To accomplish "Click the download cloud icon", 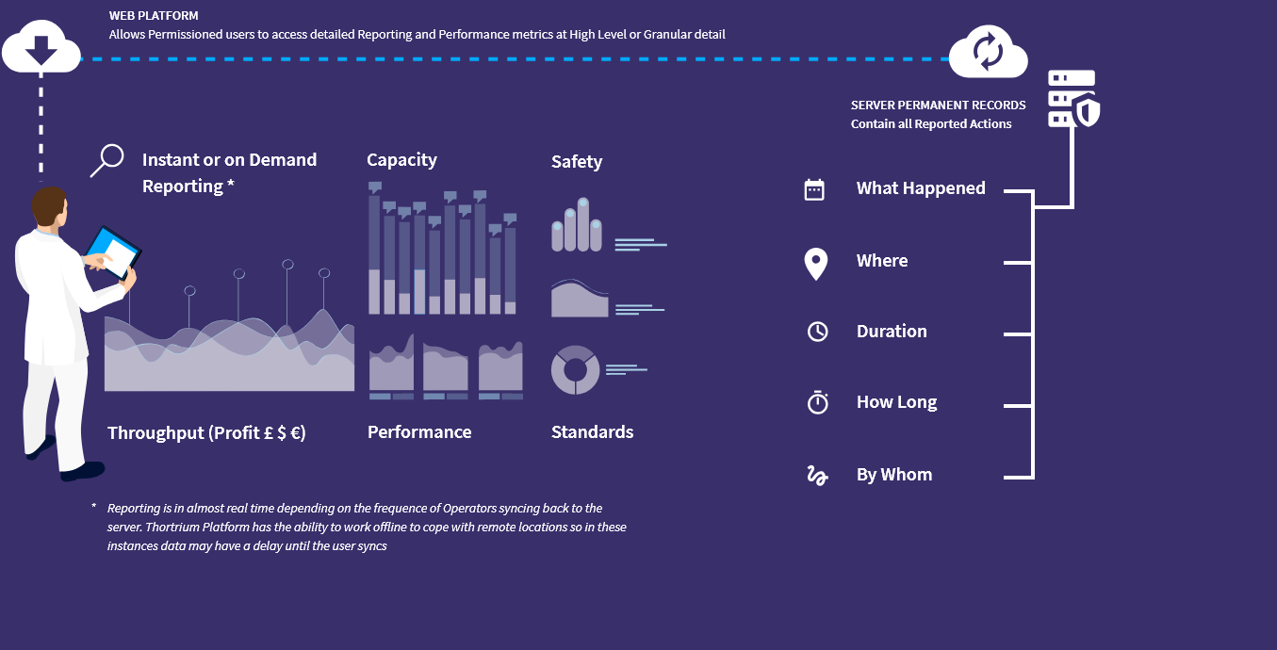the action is pyautogui.click(x=41, y=47).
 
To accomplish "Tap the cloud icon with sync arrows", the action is pyautogui.click(x=988, y=51).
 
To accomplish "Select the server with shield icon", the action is pyautogui.click(x=1073, y=98).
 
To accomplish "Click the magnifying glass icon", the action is pyautogui.click(x=107, y=160).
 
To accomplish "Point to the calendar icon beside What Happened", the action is pyautogui.click(x=814, y=189).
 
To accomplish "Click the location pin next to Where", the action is pyautogui.click(x=816, y=263).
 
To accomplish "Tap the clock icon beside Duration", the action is pyautogui.click(x=817, y=332).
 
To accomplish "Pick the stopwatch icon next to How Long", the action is pyautogui.click(x=817, y=402).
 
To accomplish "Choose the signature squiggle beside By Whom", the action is pyautogui.click(x=817, y=475).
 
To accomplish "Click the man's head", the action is pyautogui.click(x=50, y=206).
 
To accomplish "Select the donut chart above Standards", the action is pyautogui.click(x=575, y=369).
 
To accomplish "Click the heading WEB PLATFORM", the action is pyautogui.click(x=154, y=16).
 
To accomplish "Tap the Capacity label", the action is pyautogui.click(x=401, y=160).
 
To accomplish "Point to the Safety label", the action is pyautogui.click(x=577, y=162).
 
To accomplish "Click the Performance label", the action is pyautogui.click(x=419, y=431).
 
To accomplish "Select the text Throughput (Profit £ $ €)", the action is pyautogui.click(x=206, y=433).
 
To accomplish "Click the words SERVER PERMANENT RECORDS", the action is pyautogui.click(x=938, y=106).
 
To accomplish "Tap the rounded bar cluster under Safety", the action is pyautogui.click(x=577, y=224).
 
